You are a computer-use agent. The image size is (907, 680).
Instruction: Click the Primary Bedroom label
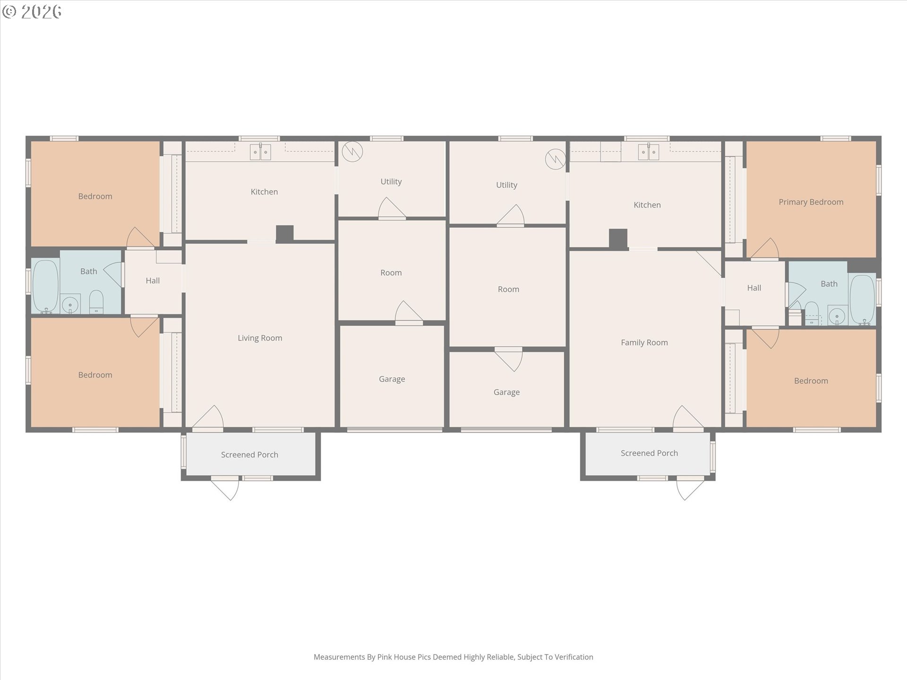[x=811, y=202]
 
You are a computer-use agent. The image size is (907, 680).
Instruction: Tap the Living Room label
[x=260, y=338]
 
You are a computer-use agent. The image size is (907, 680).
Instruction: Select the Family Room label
[x=644, y=343]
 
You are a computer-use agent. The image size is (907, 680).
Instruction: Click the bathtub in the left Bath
[x=45, y=286]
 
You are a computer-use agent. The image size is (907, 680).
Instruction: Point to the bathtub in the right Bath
[x=862, y=300]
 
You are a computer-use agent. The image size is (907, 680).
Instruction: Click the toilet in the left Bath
[x=96, y=302]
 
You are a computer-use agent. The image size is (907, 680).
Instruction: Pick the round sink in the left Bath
[x=70, y=305]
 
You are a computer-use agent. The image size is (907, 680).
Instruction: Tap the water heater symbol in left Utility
[x=352, y=152]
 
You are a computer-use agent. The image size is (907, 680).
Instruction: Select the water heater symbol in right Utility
[x=555, y=159]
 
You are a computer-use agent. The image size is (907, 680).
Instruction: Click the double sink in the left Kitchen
[x=260, y=152]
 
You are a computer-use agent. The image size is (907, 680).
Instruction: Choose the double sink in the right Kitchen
[x=648, y=152]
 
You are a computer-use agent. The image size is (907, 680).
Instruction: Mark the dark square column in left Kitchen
[x=285, y=234]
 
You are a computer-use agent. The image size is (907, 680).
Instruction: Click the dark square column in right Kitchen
[x=618, y=238]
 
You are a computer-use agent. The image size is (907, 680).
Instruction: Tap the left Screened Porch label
[x=249, y=455]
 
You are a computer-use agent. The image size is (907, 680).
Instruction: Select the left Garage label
[x=392, y=379]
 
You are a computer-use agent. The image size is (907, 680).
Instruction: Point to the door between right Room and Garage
[x=509, y=359]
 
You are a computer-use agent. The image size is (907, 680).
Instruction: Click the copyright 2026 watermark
[x=32, y=11]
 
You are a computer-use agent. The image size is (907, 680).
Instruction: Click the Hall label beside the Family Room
[x=754, y=288]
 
